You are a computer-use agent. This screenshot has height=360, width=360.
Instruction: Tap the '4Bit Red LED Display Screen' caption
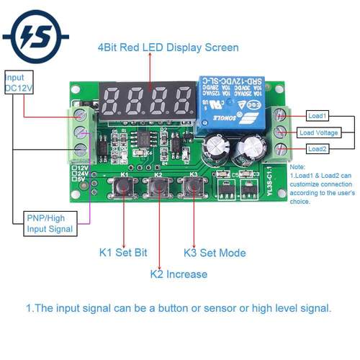tap(168, 48)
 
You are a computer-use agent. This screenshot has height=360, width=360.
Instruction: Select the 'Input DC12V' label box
tap(20, 82)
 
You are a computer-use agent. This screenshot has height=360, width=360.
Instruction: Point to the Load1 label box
tap(317, 115)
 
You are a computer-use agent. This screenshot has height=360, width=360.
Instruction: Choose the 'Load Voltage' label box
tap(317, 132)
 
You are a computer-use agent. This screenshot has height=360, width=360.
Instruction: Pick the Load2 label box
tap(317, 149)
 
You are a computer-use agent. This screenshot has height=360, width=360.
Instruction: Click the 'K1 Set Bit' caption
tap(125, 253)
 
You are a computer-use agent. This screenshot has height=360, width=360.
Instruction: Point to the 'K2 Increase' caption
tap(178, 274)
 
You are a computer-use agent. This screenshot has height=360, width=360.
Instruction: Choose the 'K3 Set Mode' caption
tap(214, 253)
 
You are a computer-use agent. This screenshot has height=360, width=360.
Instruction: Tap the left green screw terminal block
tap(81, 132)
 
